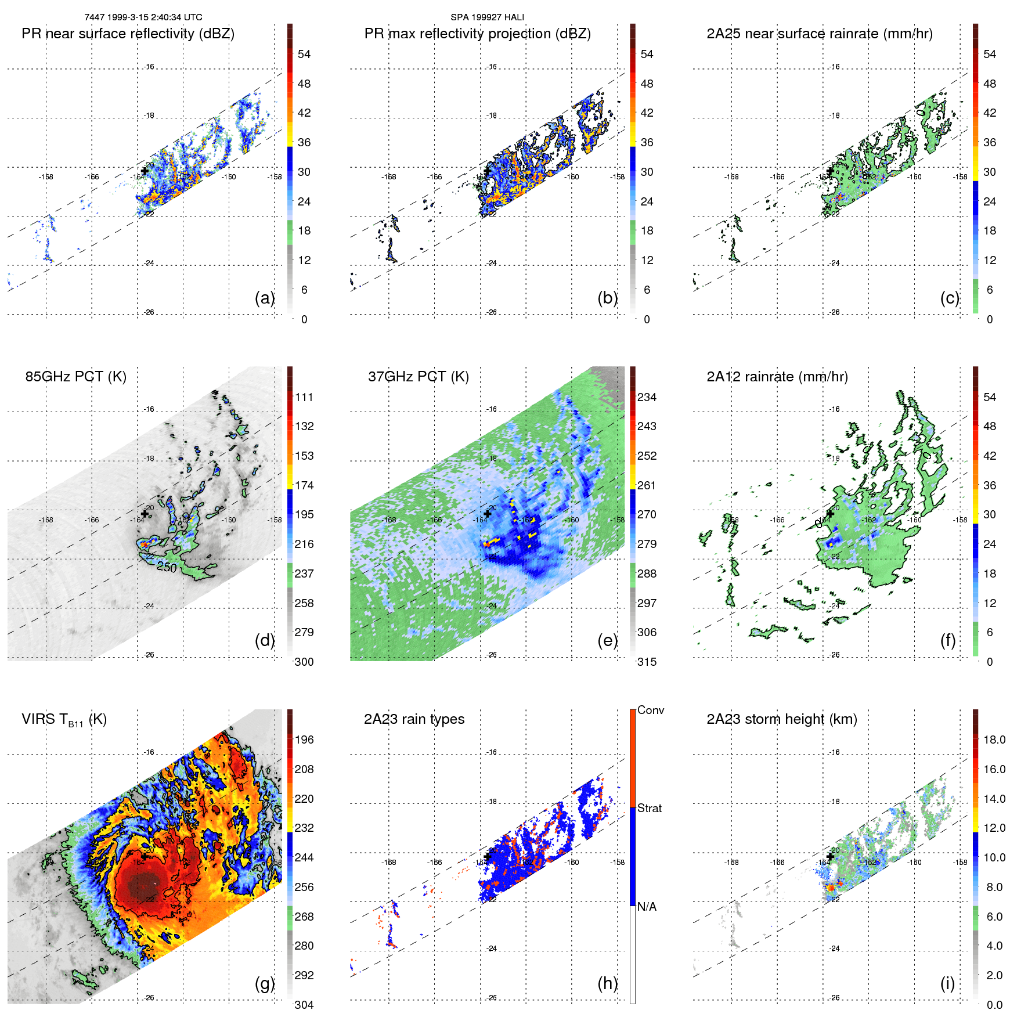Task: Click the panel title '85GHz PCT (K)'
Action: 75,377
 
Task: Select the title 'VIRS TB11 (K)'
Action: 64,720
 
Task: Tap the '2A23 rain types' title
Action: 414,719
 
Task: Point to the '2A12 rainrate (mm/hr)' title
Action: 777,377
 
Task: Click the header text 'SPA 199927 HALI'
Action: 487,17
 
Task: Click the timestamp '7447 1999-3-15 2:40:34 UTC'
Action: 143,17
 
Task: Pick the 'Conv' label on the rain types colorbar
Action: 650,710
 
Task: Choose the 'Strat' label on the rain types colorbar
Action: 649,808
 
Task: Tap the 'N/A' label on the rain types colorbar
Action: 647,907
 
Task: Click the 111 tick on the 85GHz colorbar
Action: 304,397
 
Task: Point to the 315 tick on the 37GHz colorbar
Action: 647,662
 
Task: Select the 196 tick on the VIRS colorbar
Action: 304,740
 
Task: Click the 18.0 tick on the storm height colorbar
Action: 994,740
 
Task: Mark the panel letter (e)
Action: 607,640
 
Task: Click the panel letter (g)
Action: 265,983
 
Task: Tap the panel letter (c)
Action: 950,298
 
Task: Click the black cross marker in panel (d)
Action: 145,514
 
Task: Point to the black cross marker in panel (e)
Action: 488,514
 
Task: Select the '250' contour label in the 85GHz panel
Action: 167,567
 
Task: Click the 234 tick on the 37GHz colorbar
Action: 647,397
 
